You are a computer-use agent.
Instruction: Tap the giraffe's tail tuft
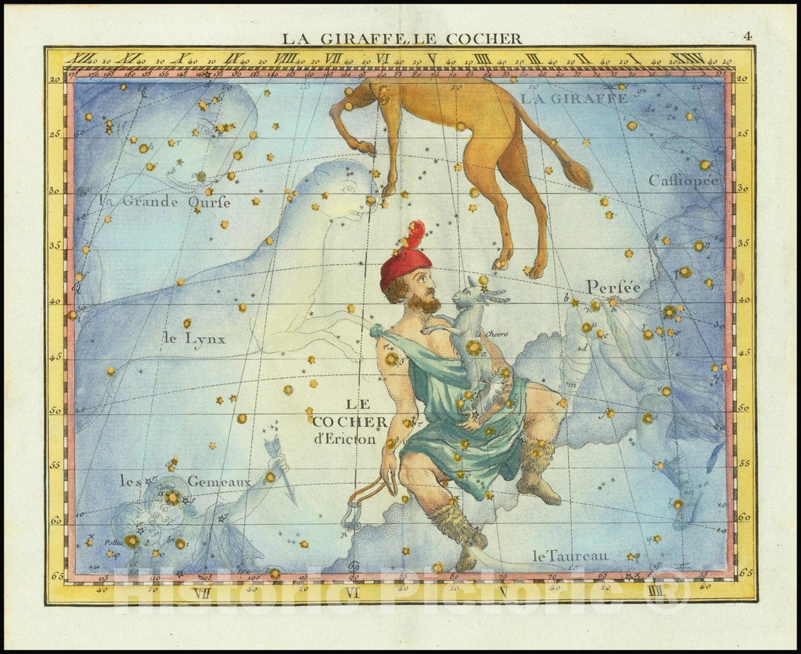click(578, 174)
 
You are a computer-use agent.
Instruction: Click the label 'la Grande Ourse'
click(165, 201)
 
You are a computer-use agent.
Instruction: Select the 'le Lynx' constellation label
click(194, 339)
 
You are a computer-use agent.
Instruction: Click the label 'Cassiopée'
click(683, 180)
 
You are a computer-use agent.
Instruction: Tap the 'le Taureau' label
click(570, 555)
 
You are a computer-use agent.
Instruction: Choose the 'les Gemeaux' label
click(185, 482)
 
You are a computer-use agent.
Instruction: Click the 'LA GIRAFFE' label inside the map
click(573, 97)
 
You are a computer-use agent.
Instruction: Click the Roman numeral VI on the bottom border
click(352, 592)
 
